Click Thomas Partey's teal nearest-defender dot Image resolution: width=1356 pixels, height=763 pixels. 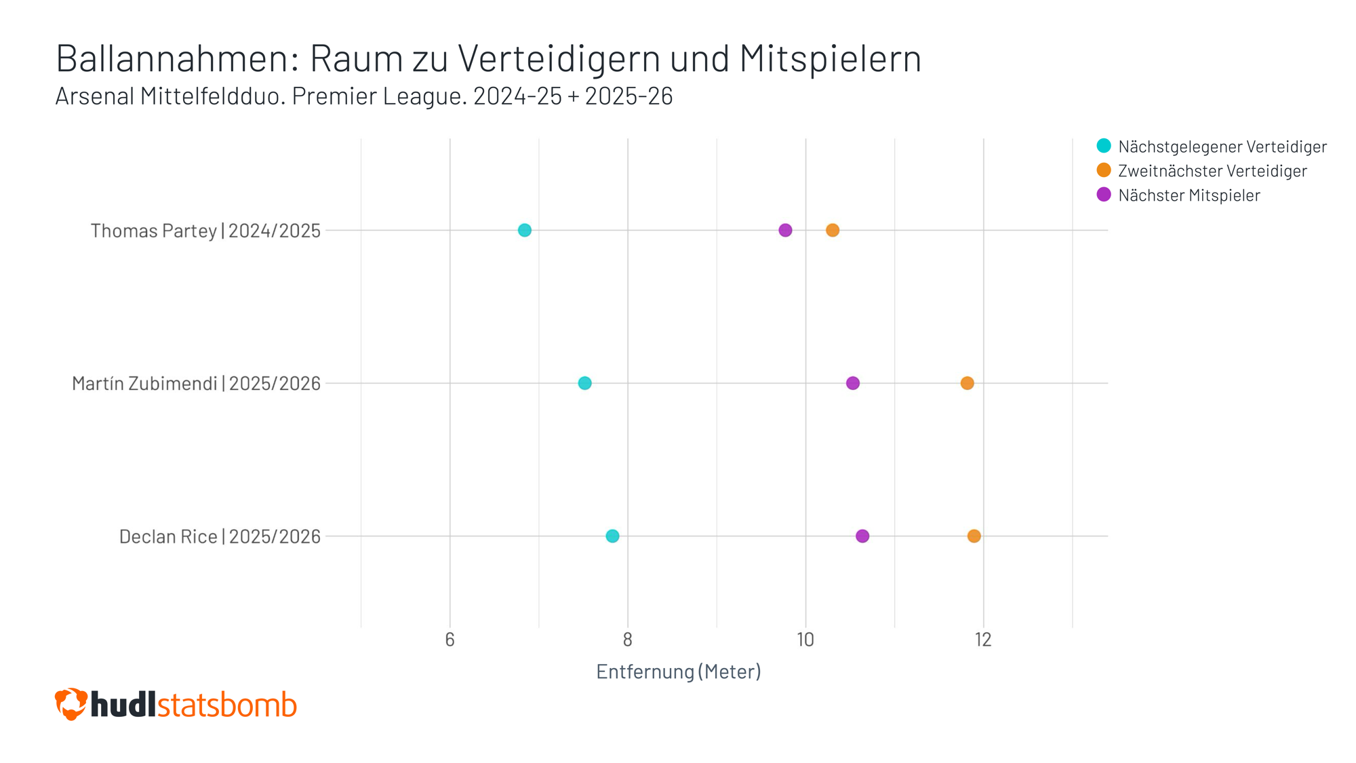[x=524, y=231]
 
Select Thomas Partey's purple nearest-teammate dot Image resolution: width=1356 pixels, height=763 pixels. [x=785, y=231]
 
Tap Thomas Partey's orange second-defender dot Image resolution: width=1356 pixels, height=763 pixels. [x=833, y=231]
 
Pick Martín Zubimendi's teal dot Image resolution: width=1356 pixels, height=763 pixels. [x=584, y=383]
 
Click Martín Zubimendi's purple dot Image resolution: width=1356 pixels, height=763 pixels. [x=853, y=383]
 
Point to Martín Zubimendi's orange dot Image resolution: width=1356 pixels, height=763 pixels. [x=968, y=383]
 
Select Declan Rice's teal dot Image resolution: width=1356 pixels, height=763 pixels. [x=612, y=536]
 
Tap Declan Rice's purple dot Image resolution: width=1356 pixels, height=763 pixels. [x=862, y=536]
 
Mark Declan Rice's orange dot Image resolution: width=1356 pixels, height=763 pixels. [x=974, y=536]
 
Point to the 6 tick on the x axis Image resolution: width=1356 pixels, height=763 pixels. [x=450, y=640]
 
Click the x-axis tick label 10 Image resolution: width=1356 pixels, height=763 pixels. [x=805, y=640]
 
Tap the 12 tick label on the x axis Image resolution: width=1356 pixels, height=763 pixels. [x=983, y=640]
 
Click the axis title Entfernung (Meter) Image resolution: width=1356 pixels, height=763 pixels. [x=678, y=671]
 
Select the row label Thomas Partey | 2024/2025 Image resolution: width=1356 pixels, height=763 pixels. [x=205, y=231]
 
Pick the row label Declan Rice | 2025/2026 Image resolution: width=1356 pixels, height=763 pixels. [x=220, y=536]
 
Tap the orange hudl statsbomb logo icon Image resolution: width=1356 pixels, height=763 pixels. [x=71, y=704]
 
